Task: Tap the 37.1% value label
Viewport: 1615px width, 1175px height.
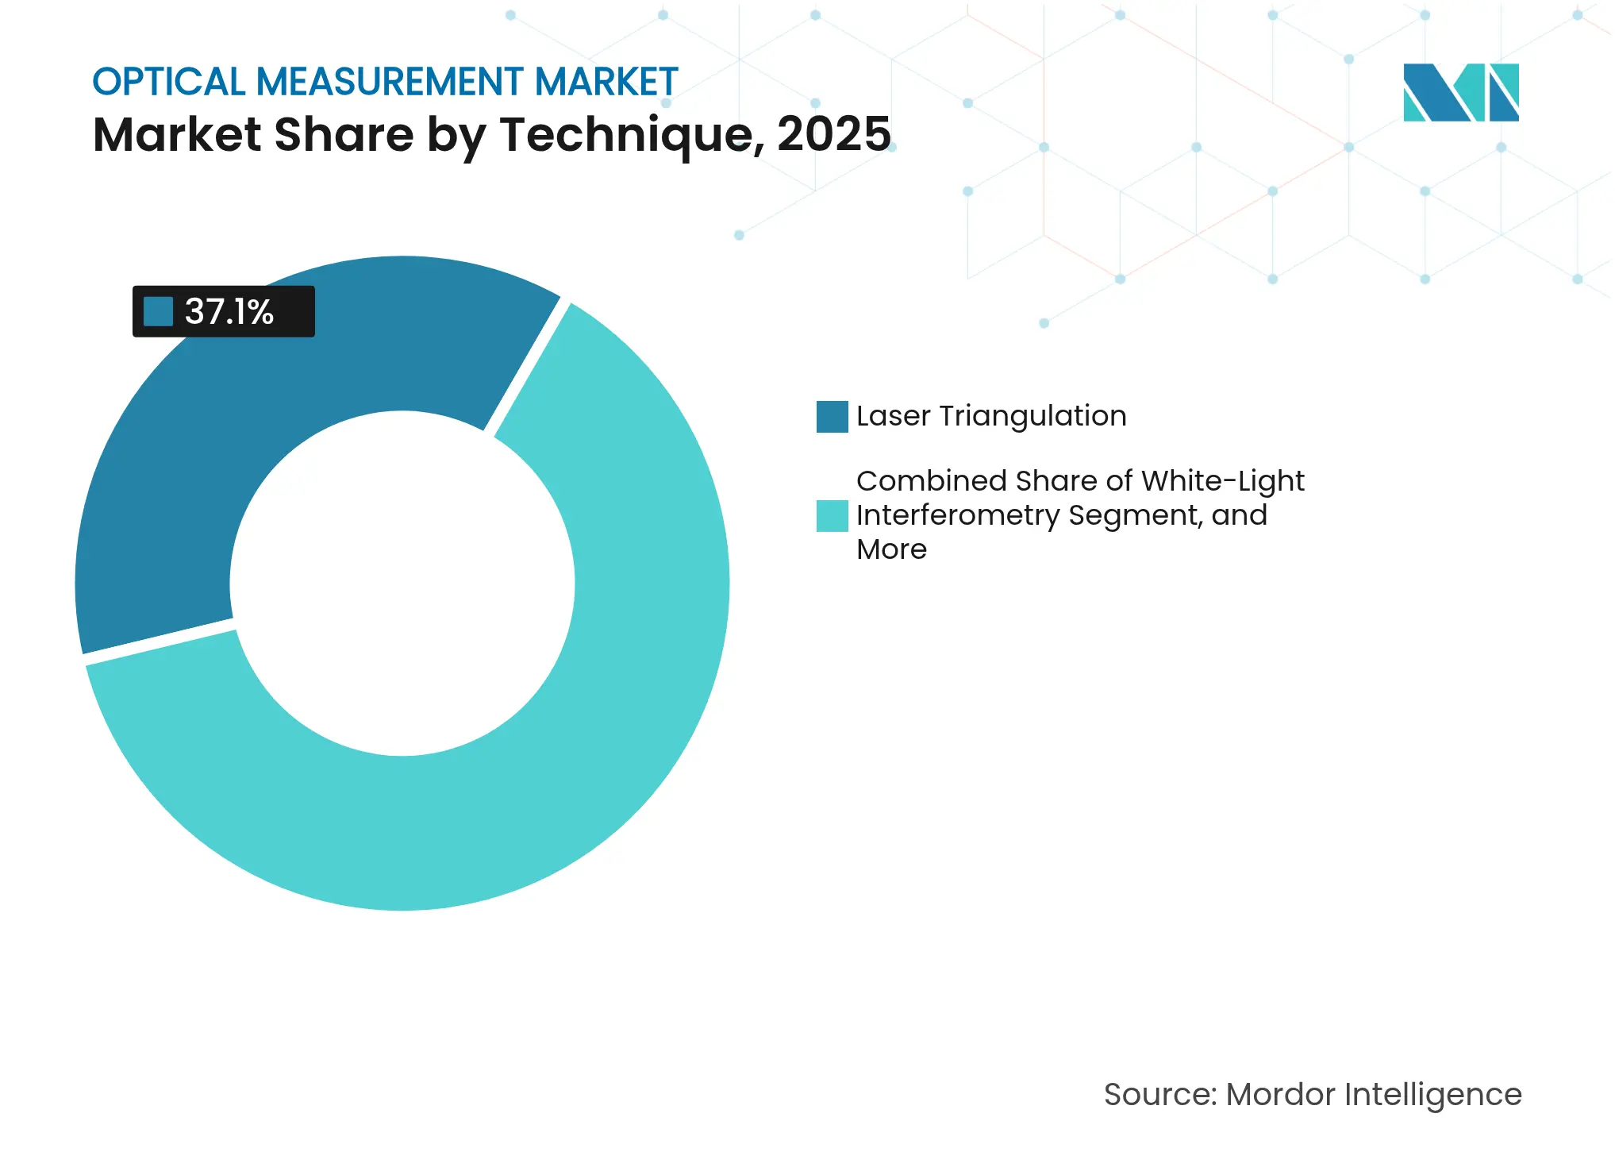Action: pyautogui.click(x=229, y=311)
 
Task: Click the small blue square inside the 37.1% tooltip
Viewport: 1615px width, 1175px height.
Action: pyautogui.click(x=158, y=311)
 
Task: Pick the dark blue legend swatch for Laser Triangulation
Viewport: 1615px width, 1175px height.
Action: pyautogui.click(x=832, y=417)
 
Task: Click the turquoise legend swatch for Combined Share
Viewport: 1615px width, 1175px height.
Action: pyautogui.click(x=832, y=516)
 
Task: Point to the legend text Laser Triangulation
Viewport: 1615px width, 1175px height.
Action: pyautogui.click(x=991, y=416)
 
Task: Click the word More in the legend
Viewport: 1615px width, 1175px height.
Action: pyautogui.click(x=891, y=549)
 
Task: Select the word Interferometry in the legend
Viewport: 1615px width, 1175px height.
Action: pyautogui.click(x=958, y=516)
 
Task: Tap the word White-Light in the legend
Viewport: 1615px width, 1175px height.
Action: pyautogui.click(x=1222, y=481)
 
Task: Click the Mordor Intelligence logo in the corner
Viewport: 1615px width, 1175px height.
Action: pyautogui.click(x=1460, y=93)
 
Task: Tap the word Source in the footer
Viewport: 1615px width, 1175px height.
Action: pyautogui.click(x=1159, y=1095)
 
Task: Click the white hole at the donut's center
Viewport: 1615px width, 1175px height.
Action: pyautogui.click(x=402, y=584)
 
